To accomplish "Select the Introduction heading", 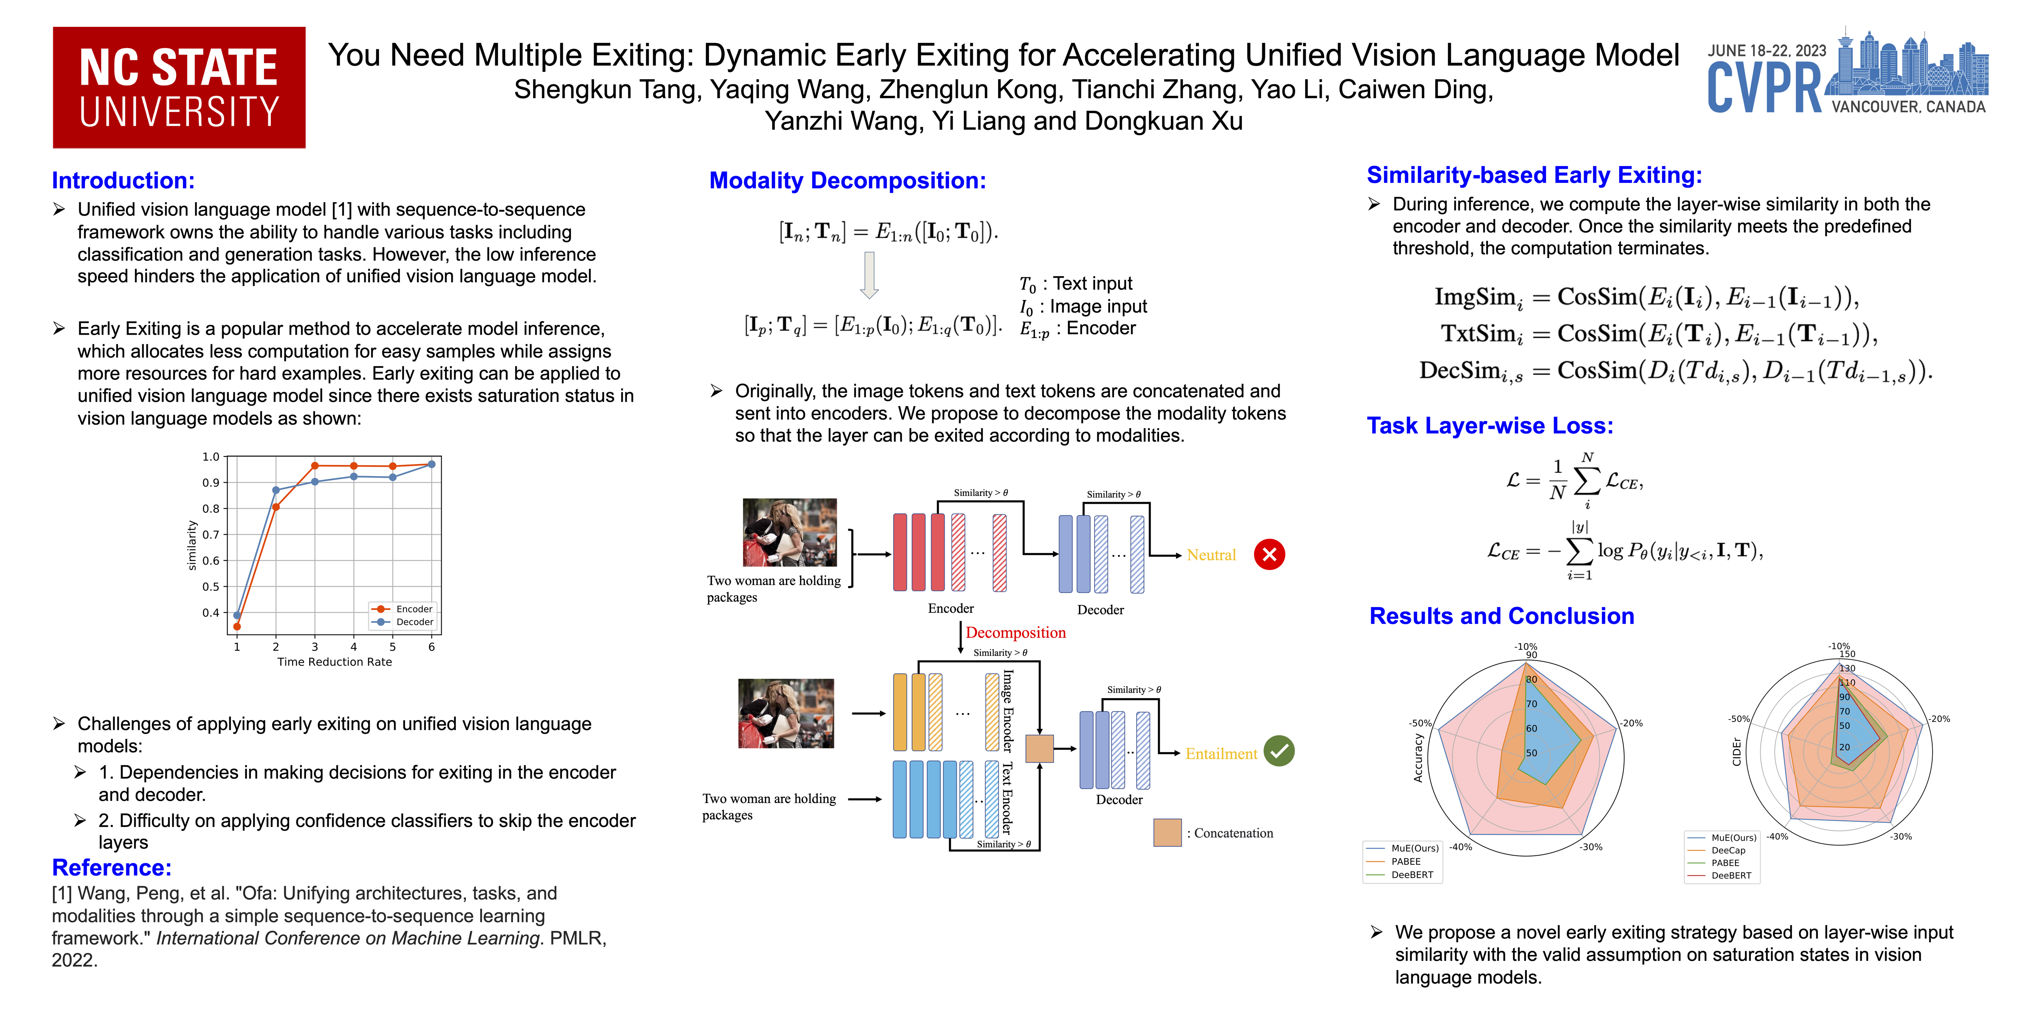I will point(123,180).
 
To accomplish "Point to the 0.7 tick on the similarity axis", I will point(211,534).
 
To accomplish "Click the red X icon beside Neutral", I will point(1269,555).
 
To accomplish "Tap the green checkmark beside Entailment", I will point(1279,751).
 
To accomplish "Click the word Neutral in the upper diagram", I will point(1211,555).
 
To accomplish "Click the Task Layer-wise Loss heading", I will point(1489,425).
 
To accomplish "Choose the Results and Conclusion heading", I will point(1501,616).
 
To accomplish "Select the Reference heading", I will point(111,867).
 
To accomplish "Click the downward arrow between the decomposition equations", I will point(868,274).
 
